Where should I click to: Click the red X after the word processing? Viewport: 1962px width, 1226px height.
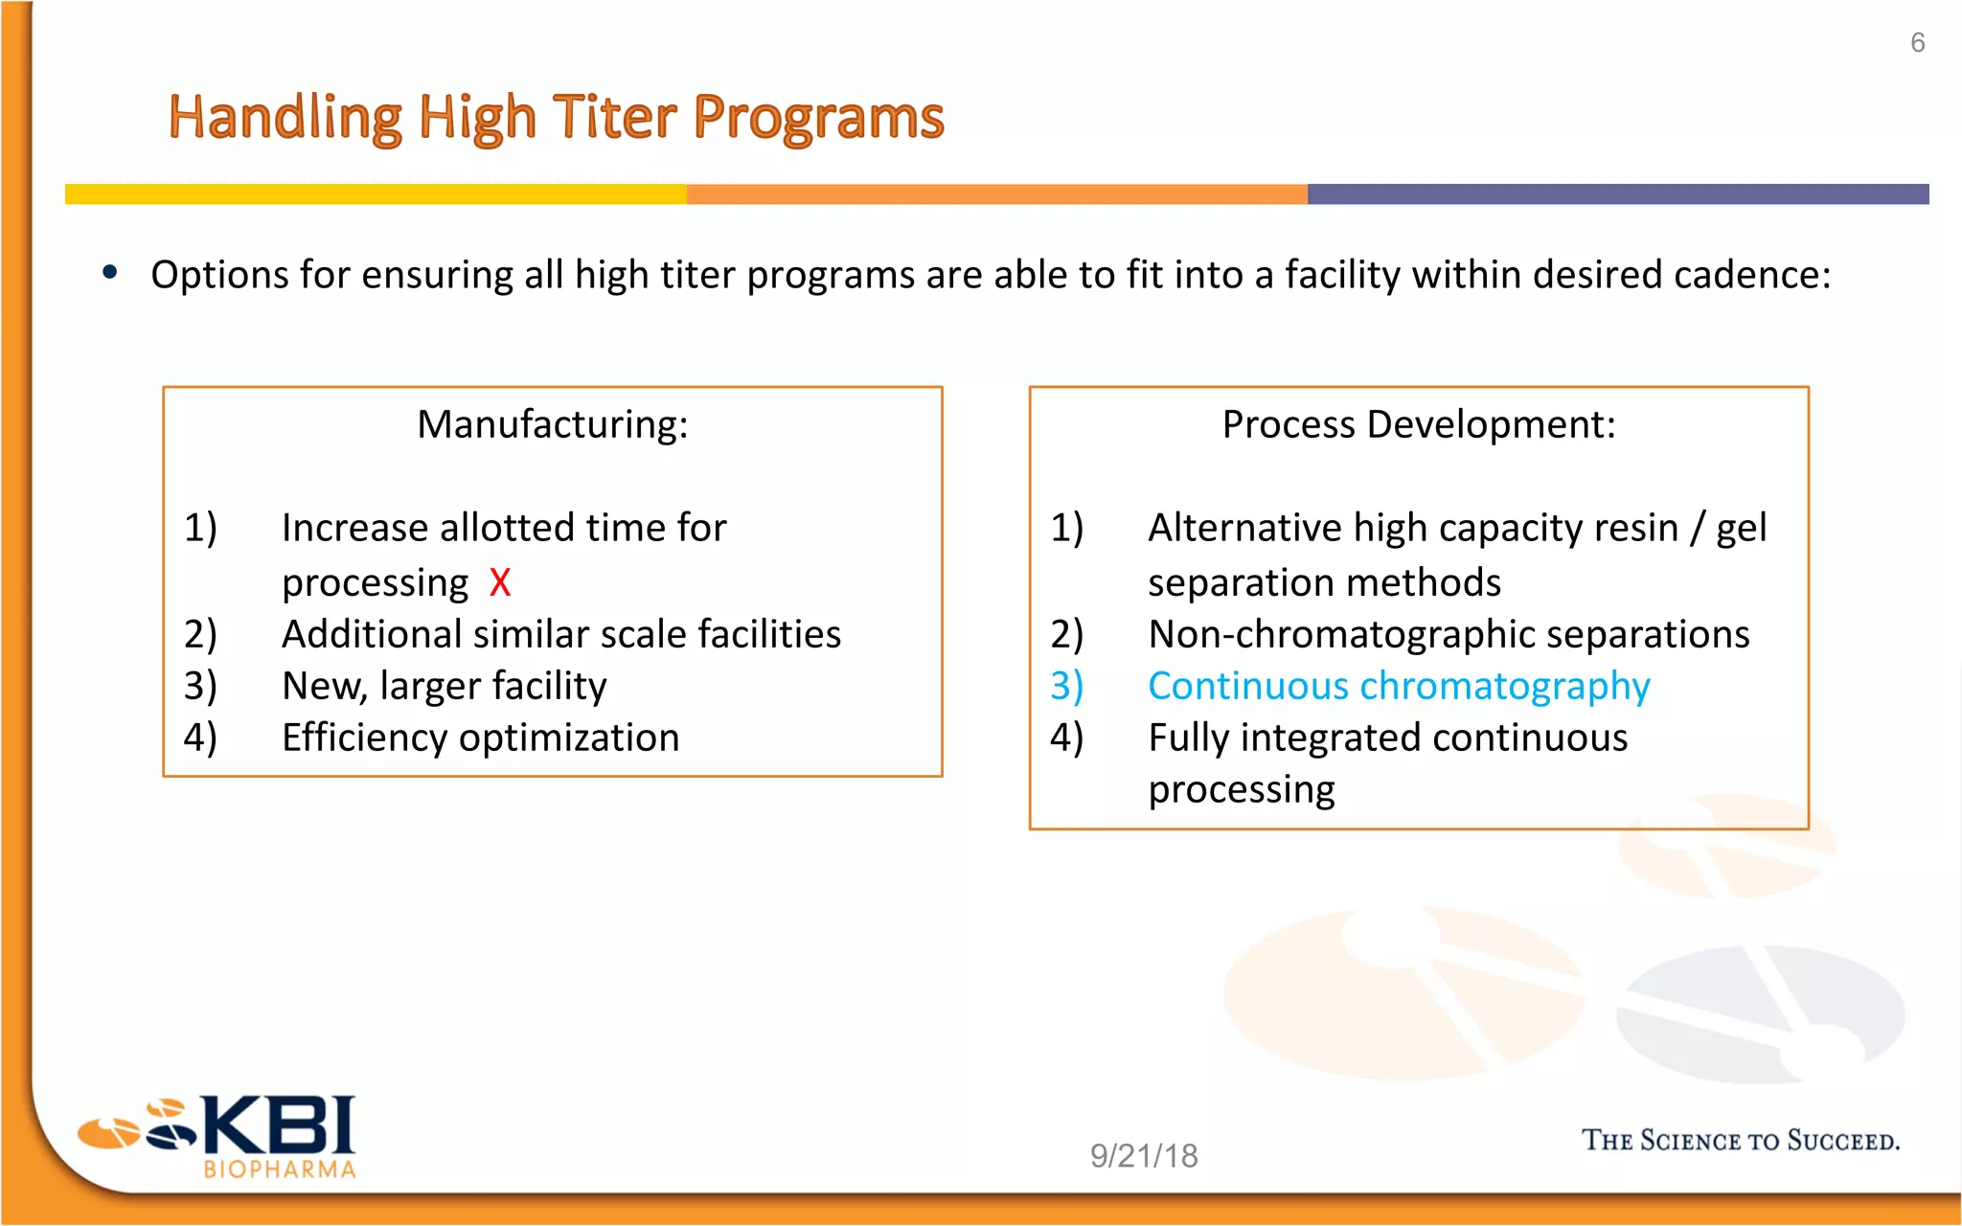(x=499, y=582)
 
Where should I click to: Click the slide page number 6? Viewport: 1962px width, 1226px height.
(x=1917, y=43)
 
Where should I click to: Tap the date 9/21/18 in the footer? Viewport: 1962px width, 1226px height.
(x=1144, y=1156)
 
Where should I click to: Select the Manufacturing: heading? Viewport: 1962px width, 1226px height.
(x=553, y=424)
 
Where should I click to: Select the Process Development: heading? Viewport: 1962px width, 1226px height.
(x=1419, y=424)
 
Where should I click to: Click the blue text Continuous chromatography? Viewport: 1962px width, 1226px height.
(x=1399, y=686)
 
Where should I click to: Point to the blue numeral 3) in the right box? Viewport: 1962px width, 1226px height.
(x=1066, y=686)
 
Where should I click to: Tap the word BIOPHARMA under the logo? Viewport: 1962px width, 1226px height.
(x=280, y=1169)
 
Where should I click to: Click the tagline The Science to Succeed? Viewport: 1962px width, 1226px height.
(x=1740, y=1141)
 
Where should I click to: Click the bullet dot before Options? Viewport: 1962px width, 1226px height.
(x=110, y=273)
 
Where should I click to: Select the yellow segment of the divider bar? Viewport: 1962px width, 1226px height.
(x=376, y=194)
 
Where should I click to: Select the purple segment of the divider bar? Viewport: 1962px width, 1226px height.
(x=1617, y=194)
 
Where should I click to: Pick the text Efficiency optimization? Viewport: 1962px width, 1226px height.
(x=480, y=738)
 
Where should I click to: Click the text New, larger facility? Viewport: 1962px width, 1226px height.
(x=444, y=686)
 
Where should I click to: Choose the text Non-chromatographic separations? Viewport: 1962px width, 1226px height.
(x=1449, y=634)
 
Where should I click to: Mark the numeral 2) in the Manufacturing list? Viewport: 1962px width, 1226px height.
(x=200, y=634)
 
